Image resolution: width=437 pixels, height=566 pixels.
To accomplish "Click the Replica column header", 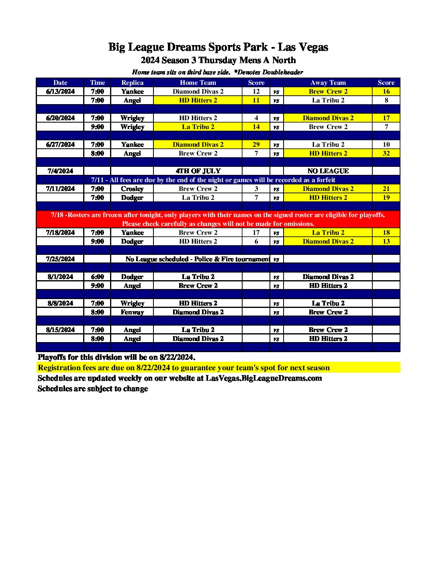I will pyautogui.click(x=132, y=83).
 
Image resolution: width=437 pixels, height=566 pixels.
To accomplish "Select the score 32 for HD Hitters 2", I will pyautogui.click(x=386, y=154).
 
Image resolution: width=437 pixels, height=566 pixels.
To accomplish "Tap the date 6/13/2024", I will pyautogui.click(x=60, y=92).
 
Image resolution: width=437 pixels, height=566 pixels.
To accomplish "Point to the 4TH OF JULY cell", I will pyautogui.click(x=198, y=171).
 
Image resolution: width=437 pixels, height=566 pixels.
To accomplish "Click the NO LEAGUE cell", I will pyautogui.click(x=328, y=171).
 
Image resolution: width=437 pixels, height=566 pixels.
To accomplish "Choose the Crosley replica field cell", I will pyautogui.click(x=132, y=189).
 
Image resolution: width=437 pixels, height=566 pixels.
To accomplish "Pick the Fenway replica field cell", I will pyautogui.click(x=132, y=312).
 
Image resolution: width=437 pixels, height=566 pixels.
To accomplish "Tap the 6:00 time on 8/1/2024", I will pyautogui.click(x=97, y=277).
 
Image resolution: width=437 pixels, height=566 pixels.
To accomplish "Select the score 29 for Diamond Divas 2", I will pyautogui.click(x=256, y=145).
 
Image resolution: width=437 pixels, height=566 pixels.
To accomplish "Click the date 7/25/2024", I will pyautogui.click(x=60, y=259).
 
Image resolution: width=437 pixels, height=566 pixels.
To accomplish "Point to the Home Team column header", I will pyautogui.click(x=198, y=83).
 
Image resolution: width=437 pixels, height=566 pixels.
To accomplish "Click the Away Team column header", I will pyautogui.click(x=328, y=83).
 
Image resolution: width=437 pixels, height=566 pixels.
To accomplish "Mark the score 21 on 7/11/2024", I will pyautogui.click(x=386, y=189).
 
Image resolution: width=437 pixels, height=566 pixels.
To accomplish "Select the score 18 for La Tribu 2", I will pyautogui.click(x=386, y=233).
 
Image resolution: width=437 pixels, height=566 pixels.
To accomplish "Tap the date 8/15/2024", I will pyautogui.click(x=60, y=330).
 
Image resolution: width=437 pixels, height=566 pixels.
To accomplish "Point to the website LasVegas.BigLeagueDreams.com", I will pyautogui.click(x=263, y=378).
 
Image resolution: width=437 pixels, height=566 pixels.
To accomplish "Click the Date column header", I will pyautogui.click(x=60, y=83).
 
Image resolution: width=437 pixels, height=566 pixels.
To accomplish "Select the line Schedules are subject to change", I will pyautogui.click(x=93, y=389).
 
